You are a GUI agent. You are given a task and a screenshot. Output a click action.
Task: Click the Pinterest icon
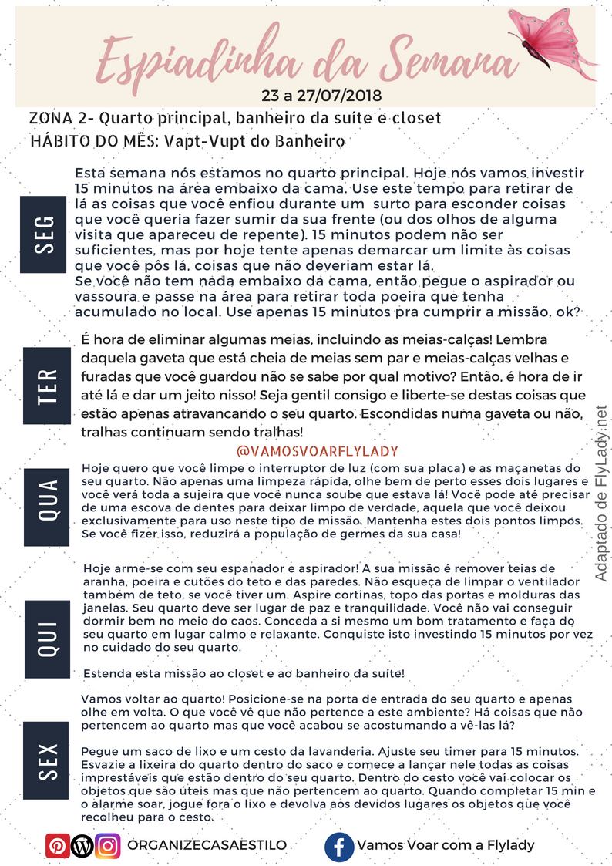coord(56,845)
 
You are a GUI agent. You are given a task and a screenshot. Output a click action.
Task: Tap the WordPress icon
coord(82,845)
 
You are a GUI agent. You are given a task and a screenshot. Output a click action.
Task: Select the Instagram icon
coord(108,845)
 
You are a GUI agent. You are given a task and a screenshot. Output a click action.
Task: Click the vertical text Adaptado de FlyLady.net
coord(601,494)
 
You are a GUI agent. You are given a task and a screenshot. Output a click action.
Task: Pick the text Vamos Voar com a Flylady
coord(446,845)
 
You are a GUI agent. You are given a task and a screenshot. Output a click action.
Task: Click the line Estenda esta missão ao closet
coord(244,673)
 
